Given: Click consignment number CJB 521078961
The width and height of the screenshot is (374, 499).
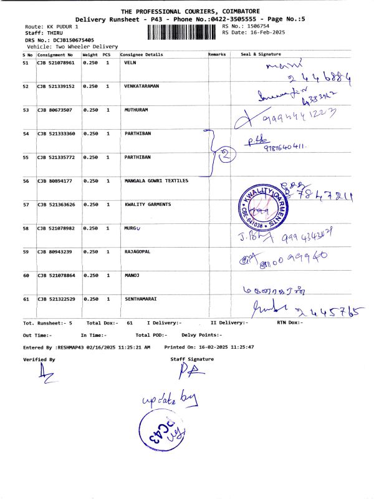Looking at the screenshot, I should (55, 63).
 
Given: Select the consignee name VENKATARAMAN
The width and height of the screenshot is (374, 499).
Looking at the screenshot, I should (142, 87).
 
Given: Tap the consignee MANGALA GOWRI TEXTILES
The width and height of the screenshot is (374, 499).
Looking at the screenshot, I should (156, 181).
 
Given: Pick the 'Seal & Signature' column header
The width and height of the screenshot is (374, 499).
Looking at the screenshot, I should (261, 54).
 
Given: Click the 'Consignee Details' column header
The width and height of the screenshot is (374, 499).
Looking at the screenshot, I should (141, 54).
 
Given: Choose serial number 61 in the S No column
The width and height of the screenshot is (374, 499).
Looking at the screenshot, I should (26, 299).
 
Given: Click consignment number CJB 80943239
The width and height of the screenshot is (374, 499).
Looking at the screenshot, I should (54, 251).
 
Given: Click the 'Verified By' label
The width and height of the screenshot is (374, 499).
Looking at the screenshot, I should (39, 359).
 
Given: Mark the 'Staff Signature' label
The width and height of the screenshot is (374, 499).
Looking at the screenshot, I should (192, 359).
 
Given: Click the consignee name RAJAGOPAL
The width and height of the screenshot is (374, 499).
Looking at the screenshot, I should (138, 251).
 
